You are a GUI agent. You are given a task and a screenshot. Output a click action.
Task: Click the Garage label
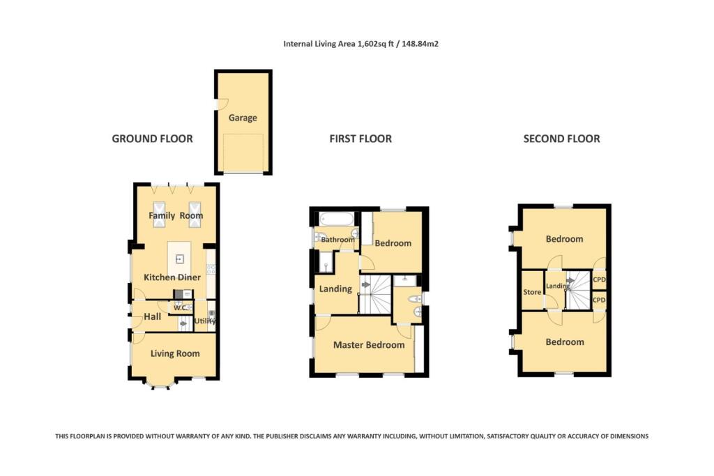pos(243,118)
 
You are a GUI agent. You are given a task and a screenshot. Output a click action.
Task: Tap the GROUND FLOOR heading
pos(152,139)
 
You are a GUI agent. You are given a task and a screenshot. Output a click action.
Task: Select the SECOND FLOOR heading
pos(561,139)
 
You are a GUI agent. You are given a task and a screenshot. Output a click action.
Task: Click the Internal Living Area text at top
pos(360,43)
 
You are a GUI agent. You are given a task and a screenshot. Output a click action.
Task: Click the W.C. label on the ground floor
pos(179,307)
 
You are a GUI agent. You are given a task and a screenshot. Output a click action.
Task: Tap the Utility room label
pos(205,321)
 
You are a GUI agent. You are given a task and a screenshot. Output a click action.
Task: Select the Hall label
pos(152,316)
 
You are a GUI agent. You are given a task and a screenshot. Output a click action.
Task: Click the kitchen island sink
pos(180,259)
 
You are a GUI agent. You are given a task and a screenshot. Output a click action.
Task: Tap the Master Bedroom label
pos(368,345)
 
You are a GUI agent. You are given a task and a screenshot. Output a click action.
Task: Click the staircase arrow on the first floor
pos(365,284)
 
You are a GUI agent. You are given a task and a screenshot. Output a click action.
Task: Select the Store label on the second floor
pos(532,292)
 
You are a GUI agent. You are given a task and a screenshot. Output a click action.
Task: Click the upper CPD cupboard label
pos(598,279)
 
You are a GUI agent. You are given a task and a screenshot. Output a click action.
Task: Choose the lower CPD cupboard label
pos(598,300)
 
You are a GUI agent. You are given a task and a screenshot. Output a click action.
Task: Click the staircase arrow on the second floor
pos(570,282)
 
